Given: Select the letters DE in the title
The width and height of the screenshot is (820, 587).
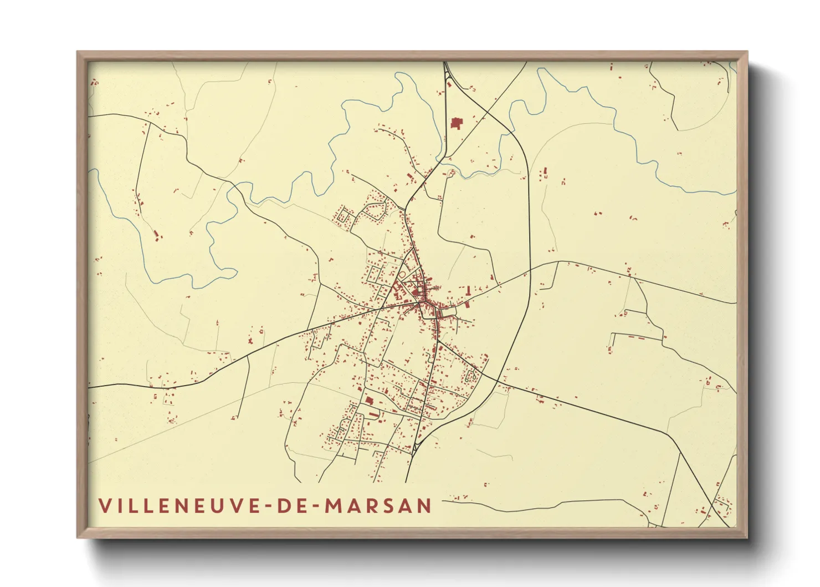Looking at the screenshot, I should click(x=289, y=505).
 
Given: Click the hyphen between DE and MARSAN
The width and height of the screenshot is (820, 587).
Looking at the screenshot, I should click(x=314, y=507).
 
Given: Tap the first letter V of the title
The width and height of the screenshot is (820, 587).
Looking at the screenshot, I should click(x=105, y=505).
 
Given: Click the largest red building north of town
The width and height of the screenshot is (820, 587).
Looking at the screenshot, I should click(x=456, y=123).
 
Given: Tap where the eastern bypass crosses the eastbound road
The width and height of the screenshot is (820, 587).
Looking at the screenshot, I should click(x=530, y=269).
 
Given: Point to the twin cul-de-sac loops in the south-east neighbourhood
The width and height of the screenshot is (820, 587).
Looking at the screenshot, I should click(x=472, y=376).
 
